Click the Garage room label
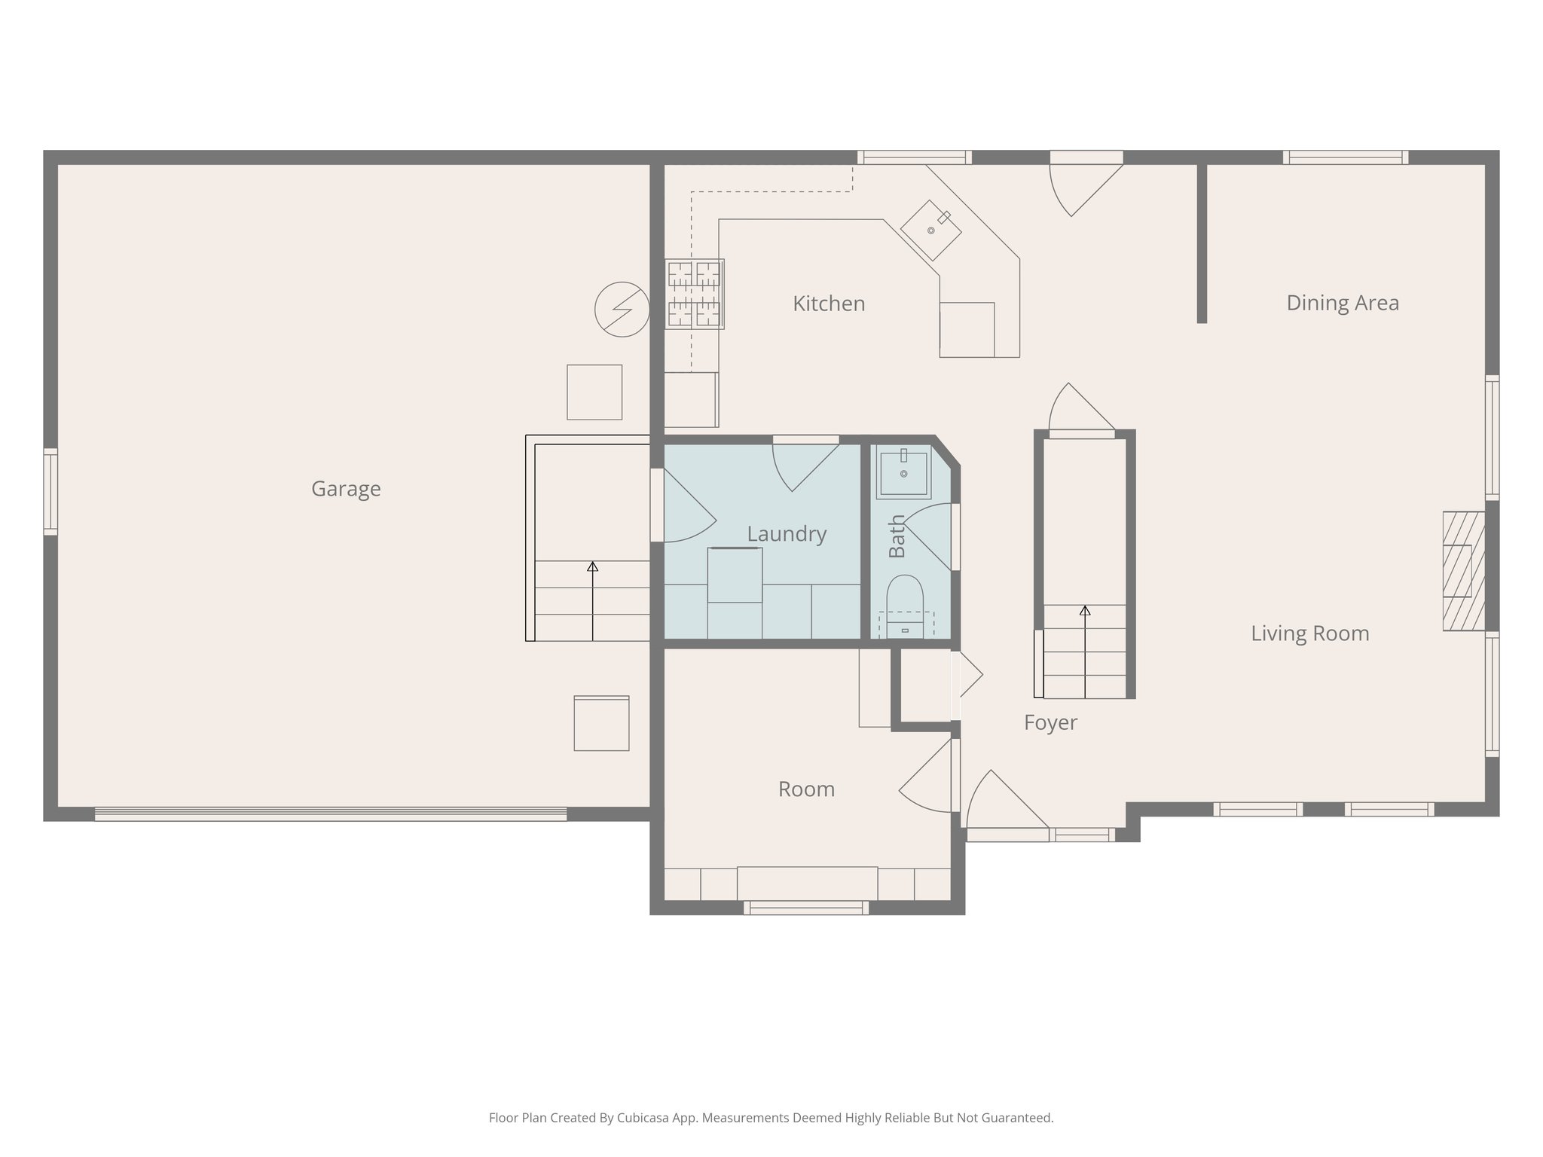pos(346,489)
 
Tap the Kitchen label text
pos(828,304)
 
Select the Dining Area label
pos(1342,303)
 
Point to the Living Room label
pos(1309,633)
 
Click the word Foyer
pos(1050,722)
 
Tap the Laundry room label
pos(786,534)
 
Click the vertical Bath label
pos(897,536)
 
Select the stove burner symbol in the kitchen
pos(694,294)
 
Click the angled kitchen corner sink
pos(931,230)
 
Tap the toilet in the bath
pos(904,599)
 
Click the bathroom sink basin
pos(903,474)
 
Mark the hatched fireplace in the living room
pos(1462,571)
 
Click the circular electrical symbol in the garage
pos(622,309)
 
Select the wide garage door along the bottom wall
pos(330,814)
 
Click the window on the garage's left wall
pos(50,491)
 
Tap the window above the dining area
pos(1345,157)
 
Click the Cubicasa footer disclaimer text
pos(771,1117)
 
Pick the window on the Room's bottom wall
pos(805,908)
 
